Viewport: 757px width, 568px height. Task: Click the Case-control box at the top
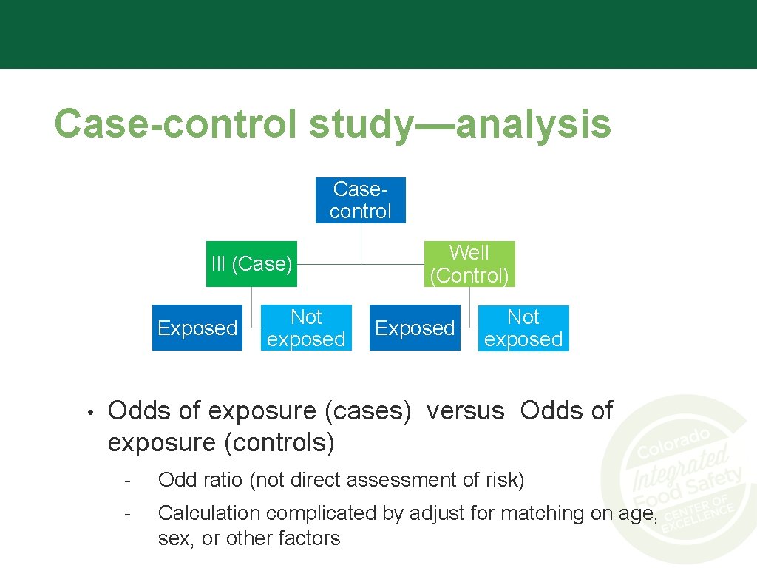pyautogui.click(x=361, y=200)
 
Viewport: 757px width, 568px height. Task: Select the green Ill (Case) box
pyautogui.click(x=251, y=264)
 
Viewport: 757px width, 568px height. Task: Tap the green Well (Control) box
pyautogui.click(x=469, y=264)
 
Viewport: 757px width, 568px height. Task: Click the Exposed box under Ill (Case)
pyautogui.click(x=197, y=328)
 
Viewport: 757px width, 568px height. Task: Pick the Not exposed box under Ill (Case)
pyautogui.click(x=306, y=328)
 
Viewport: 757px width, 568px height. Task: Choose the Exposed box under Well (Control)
pyautogui.click(x=415, y=328)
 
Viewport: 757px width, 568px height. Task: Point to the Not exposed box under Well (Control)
pyautogui.click(x=523, y=328)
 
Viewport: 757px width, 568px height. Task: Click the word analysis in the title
pyautogui.click(x=533, y=124)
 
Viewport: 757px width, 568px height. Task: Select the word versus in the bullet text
pyautogui.click(x=465, y=410)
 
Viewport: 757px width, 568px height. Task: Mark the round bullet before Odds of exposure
pyautogui.click(x=88, y=411)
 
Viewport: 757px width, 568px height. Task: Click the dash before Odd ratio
pyautogui.click(x=128, y=481)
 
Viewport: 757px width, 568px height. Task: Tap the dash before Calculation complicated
pyautogui.click(x=128, y=513)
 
